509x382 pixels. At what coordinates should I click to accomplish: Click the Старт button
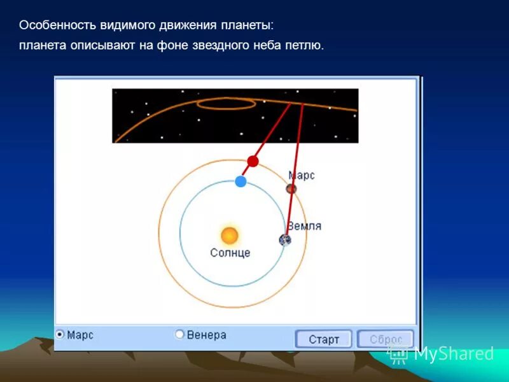click(323, 339)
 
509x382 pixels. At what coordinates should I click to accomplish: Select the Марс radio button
click(60, 334)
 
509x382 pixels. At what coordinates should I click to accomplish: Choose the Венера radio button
click(179, 334)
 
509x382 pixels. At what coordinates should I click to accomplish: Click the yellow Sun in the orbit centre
click(230, 236)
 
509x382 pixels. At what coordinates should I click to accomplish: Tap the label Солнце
click(230, 253)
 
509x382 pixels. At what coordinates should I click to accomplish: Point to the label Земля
click(304, 226)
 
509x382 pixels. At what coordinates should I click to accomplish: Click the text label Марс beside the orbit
click(302, 175)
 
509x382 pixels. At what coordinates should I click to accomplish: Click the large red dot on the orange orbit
click(253, 161)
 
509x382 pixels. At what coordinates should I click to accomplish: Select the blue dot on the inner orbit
click(241, 181)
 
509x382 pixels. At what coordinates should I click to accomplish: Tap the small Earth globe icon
click(285, 240)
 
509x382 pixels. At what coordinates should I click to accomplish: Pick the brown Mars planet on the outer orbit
click(291, 189)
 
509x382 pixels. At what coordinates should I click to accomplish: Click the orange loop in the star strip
click(227, 103)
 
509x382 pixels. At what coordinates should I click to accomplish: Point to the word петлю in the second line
click(305, 46)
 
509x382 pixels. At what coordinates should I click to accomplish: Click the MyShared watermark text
click(453, 353)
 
